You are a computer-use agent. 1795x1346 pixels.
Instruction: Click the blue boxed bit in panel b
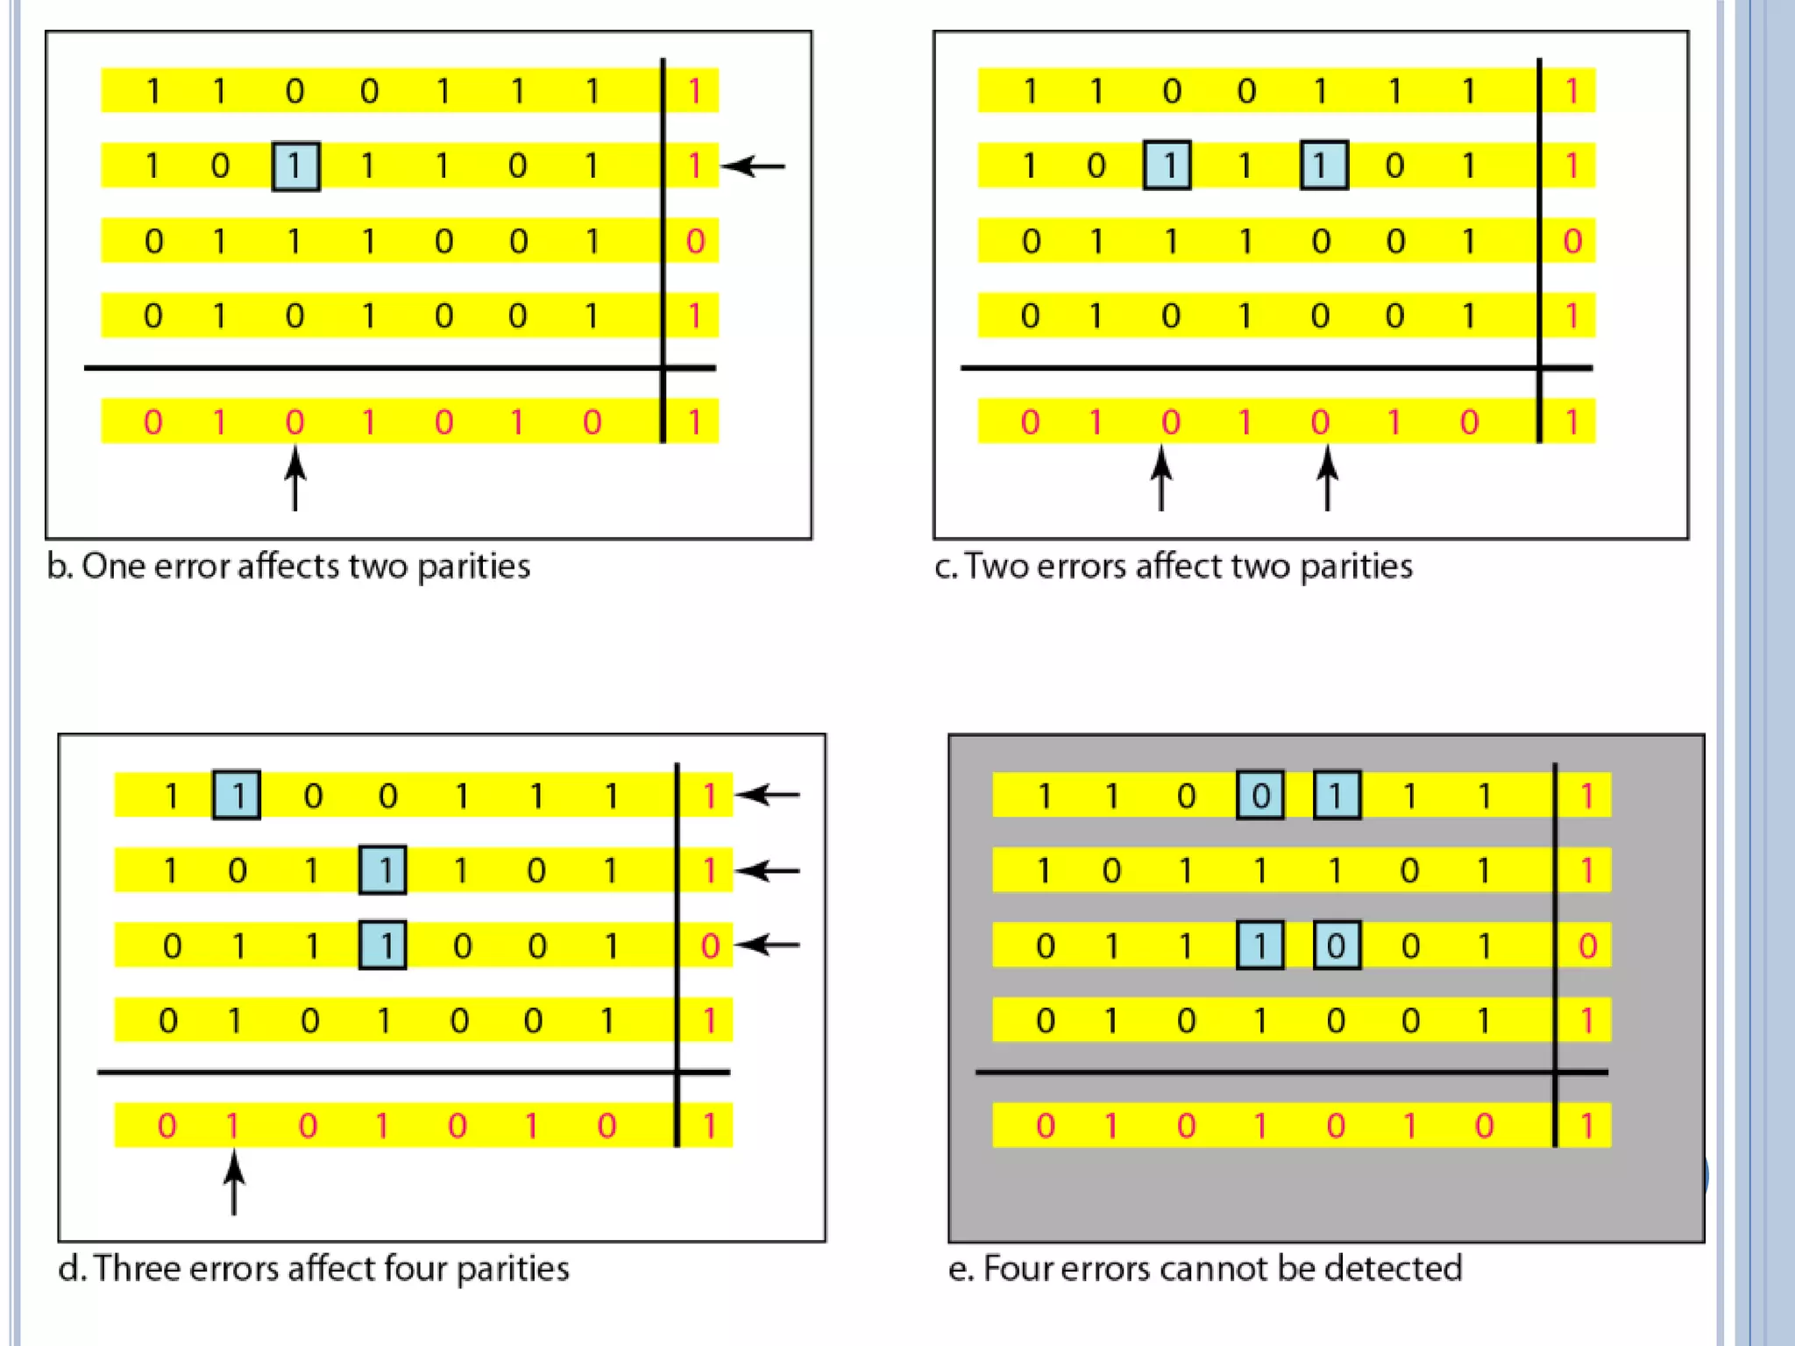[295, 166]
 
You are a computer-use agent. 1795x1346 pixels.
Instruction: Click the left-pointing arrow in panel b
[754, 166]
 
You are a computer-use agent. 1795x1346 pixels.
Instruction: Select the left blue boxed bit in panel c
[1167, 165]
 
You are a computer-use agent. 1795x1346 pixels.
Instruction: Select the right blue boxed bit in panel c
[1323, 165]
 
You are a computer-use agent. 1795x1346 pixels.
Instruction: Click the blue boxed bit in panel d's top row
[237, 795]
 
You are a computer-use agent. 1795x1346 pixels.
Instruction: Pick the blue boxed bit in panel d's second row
[383, 870]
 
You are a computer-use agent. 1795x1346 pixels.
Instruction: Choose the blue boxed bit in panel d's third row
[383, 945]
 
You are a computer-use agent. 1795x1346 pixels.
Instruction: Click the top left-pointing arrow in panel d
[768, 795]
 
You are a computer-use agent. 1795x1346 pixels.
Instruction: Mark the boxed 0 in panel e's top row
[1260, 795]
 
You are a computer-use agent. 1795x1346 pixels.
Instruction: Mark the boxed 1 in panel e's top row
[1337, 795]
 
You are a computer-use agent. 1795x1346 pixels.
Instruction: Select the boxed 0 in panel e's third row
[1337, 945]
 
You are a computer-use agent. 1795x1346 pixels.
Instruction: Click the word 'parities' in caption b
[473, 567]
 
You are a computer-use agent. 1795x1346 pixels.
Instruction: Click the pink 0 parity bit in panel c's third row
[1572, 241]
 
